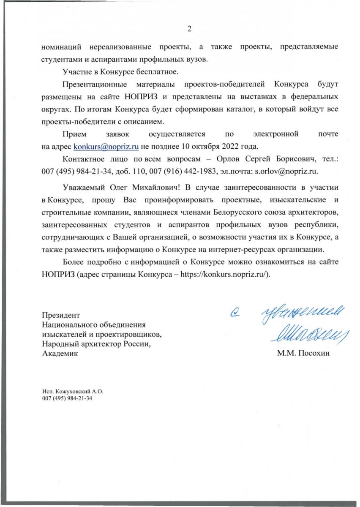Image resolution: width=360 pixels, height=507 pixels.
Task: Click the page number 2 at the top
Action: pos(189,29)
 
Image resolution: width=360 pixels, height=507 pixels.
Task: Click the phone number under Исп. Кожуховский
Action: pos(67,398)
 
